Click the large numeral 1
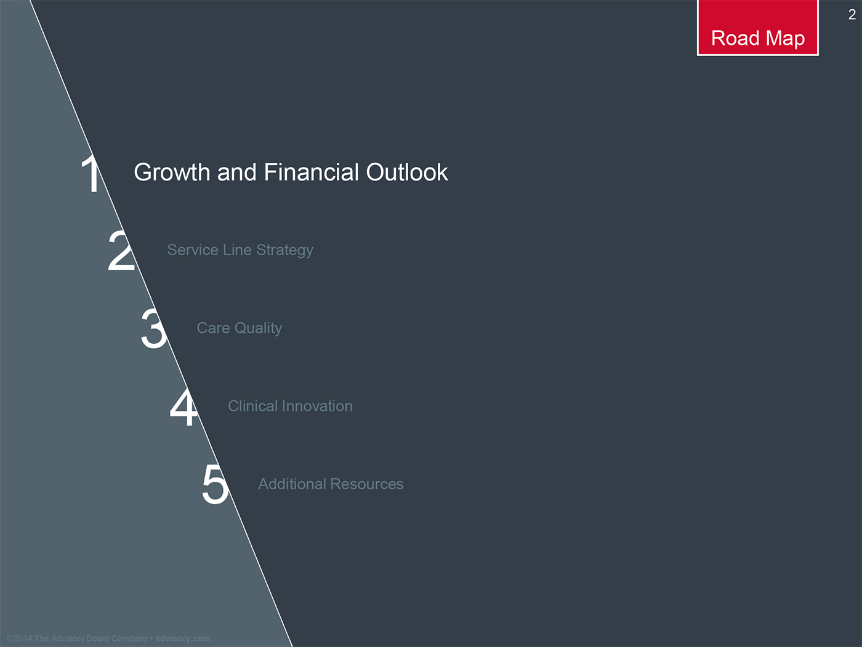pyautogui.click(x=92, y=173)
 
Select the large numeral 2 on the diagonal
pyautogui.click(x=121, y=251)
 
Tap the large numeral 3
pyautogui.click(x=153, y=329)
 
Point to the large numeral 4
pyautogui.click(x=183, y=407)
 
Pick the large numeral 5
pyautogui.click(x=216, y=484)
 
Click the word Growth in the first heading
pyautogui.click(x=172, y=173)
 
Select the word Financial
pyautogui.click(x=311, y=172)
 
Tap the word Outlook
pyautogui.click(x=407, y=172)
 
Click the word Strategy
pyautogui.click(x=284, y=251)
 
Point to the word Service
pyautogui.click(x=193, y=250)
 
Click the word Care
pyautogui.click(x=213, y=328)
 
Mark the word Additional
pyautogui.click(x=292, y=484)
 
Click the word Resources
pyautogui.click(x=367, y=484)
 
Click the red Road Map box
pyautogui.click(x=757, y=28)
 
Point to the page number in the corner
pyautogui.click(x=852, y=15)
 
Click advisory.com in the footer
pyautogui.click(x=183, y=638)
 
